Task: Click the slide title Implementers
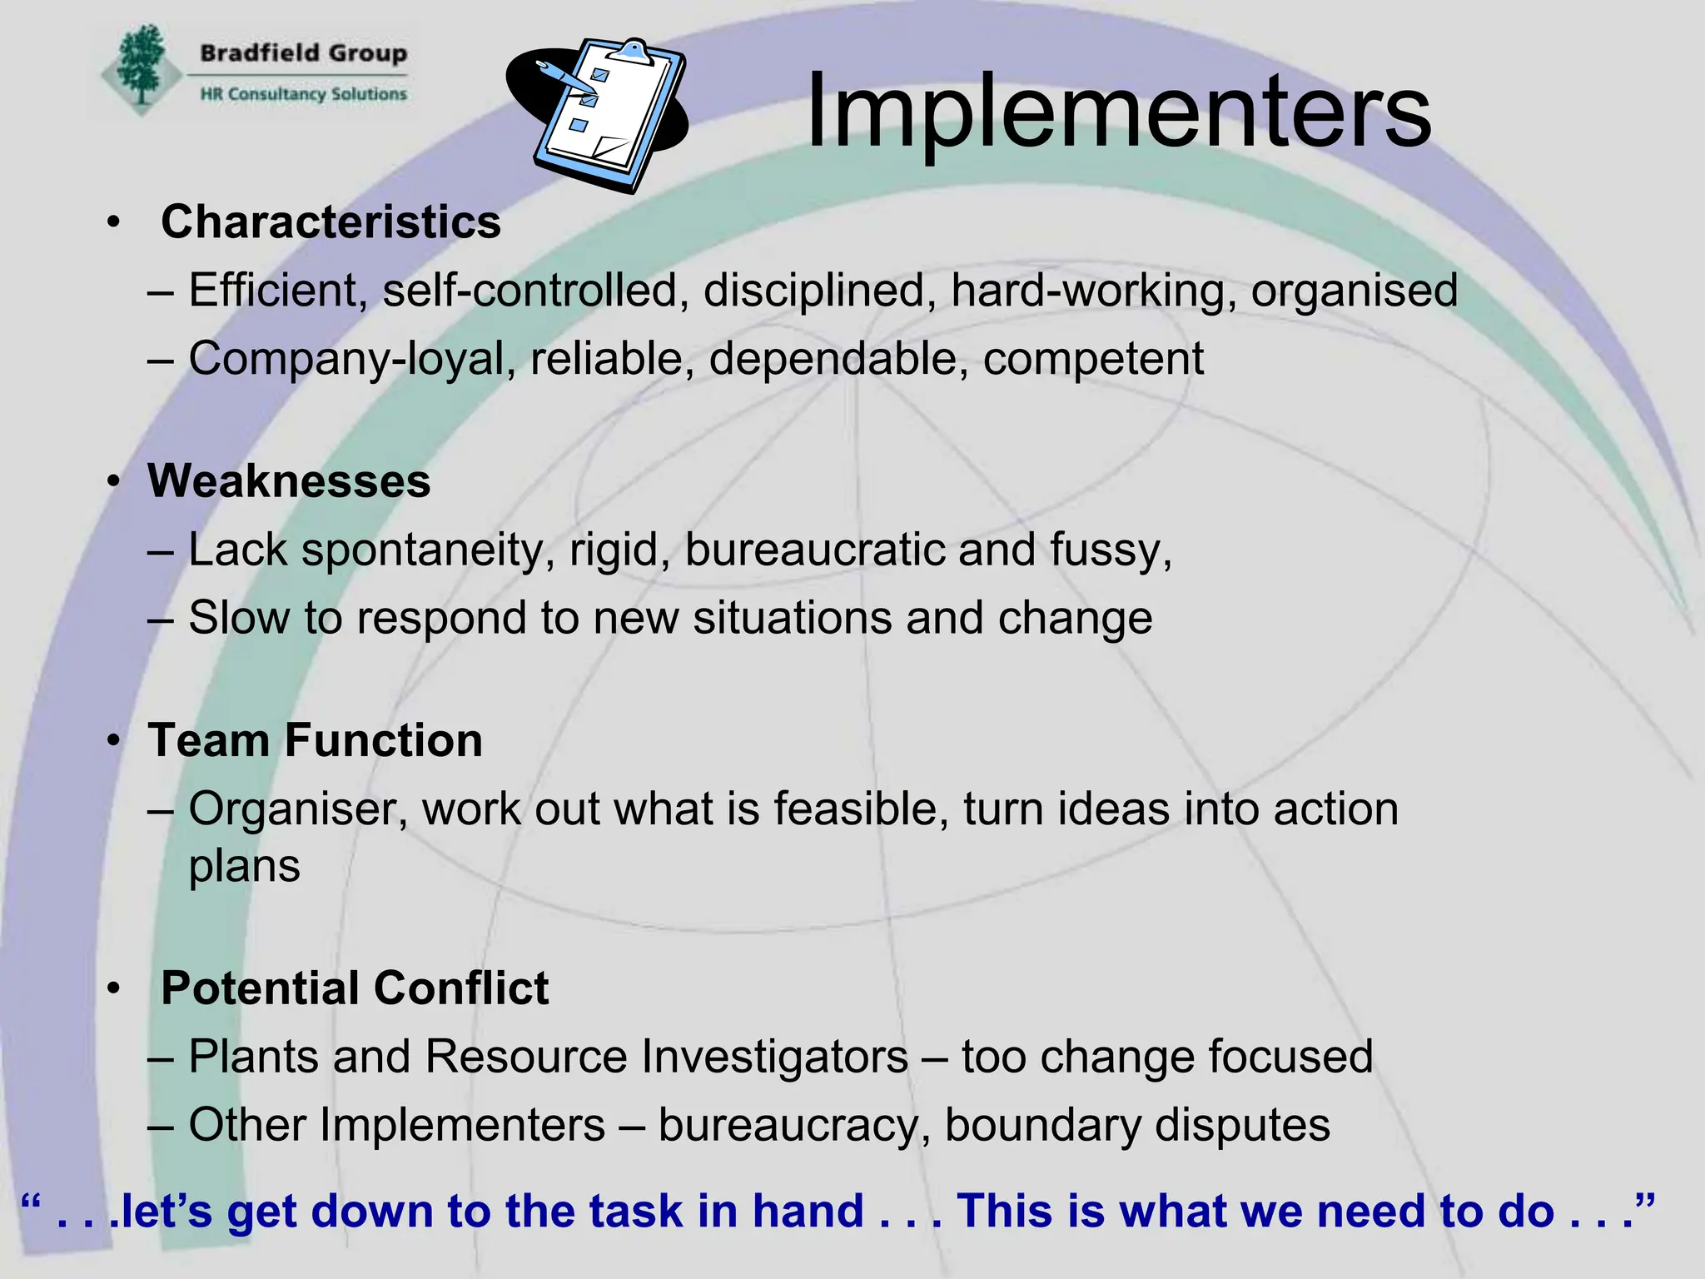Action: click(x=1118, y=112)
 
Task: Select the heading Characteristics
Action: click(x=331, y=222)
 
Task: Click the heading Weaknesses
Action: click(x=289, y=481)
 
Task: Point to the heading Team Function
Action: click(x=315, y=740)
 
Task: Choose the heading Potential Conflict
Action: click(x=355, y=988)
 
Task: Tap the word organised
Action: click(x=1354, y=291)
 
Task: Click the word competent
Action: click(x=1092, y=359)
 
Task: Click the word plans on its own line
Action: click(x=244, y=867)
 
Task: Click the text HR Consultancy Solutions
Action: click(x=303, y=94)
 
